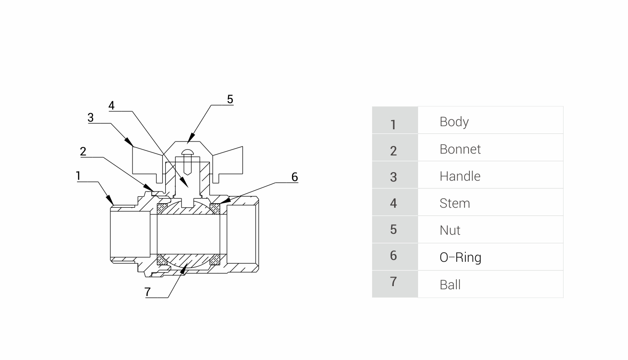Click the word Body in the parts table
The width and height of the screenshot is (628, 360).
point(454,122)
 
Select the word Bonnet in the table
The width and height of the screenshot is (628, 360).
point(460,149)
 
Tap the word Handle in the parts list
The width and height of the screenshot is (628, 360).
point(460,176)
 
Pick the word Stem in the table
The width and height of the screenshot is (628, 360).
point(455,203)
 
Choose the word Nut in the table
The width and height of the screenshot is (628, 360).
point(450,230)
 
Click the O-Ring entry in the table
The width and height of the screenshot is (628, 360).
point(460,257)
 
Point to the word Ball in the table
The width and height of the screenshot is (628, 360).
point(450,285)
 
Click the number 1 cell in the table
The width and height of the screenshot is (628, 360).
point(393,124)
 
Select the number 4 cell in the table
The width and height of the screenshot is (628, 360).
point(393,203)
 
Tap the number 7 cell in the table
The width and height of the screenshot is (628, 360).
point(393,282)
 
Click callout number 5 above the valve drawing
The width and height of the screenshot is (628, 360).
point(230,99)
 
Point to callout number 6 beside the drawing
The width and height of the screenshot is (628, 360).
point(295,177)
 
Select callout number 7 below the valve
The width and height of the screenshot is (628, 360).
point(148,292)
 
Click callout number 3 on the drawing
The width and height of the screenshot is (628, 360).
point(91,118)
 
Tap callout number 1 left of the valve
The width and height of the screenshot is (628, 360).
point(78,176)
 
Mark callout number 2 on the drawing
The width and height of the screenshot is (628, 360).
point(83,151)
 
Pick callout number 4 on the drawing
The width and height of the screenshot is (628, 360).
point(111,105)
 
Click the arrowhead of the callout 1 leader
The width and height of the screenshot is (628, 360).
point(111,201)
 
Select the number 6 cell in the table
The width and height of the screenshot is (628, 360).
point(393,255)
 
